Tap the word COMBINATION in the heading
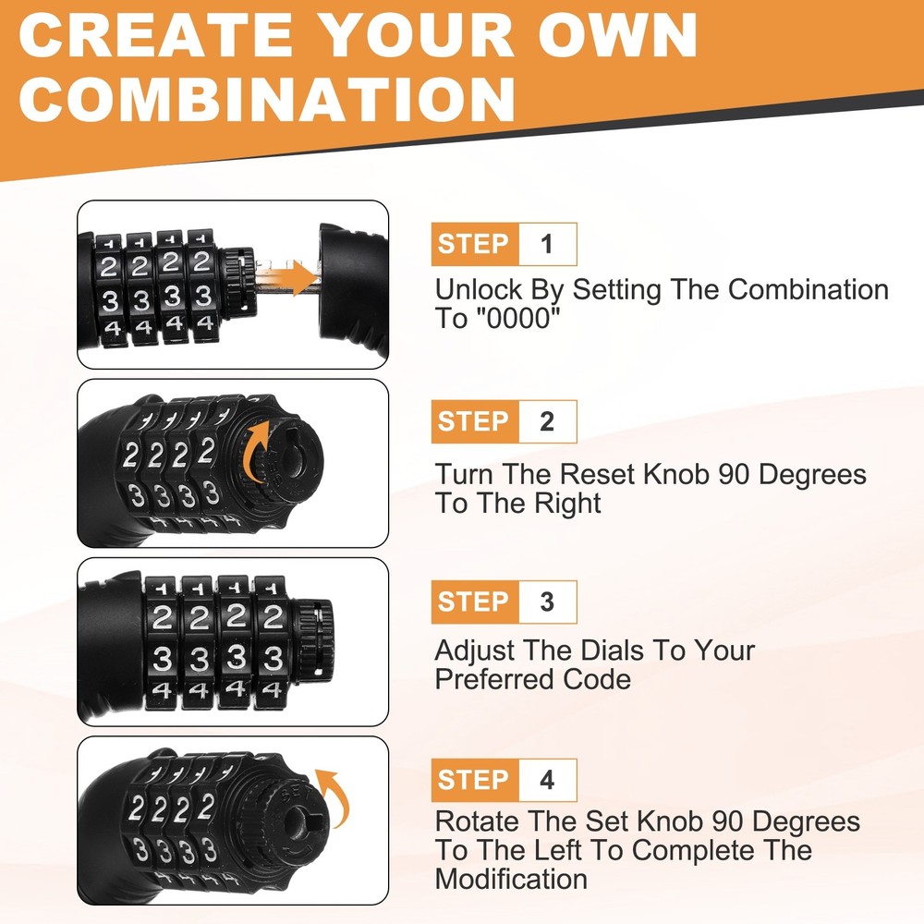click(268, 99)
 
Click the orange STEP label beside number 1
click(474, 244)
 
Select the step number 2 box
click(547, 421)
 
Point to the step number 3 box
click(547, 602)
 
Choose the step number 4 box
click(547, 780)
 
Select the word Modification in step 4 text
click(511, 880)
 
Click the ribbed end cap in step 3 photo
click(313, 639)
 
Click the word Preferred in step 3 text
click(495, 679)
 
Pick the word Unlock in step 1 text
click(479, 290)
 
